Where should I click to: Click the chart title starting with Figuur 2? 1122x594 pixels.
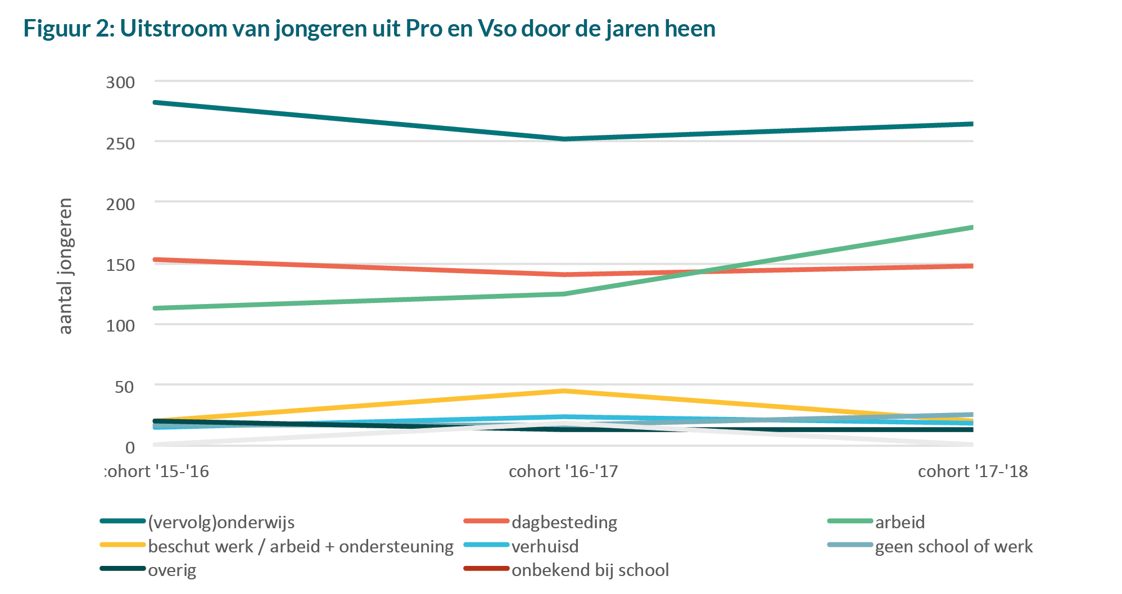369,28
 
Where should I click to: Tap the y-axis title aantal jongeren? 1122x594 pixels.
66,266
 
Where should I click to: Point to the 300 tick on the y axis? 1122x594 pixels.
120,83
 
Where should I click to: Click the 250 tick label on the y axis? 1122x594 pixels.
120,143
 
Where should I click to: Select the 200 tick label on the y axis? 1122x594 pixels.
120,204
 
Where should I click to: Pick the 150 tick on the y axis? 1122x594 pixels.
120,265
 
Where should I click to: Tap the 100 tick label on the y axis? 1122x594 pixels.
120,325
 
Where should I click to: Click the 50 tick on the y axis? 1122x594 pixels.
124,387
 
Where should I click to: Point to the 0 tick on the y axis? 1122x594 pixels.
130,447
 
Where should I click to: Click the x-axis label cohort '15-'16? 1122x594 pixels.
157,471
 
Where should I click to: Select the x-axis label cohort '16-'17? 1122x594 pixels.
563,471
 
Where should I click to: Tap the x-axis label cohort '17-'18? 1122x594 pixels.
972,471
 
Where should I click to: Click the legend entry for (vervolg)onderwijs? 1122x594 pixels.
221,522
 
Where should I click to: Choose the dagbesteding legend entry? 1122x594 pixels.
564,522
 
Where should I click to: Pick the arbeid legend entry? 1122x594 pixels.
899,522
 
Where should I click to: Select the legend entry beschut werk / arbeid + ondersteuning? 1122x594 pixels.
300,546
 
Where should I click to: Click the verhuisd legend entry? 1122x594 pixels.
545,546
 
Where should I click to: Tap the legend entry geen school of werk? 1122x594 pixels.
953,546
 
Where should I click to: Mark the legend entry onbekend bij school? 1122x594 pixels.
590,570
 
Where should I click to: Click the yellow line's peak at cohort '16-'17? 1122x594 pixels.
564,391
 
